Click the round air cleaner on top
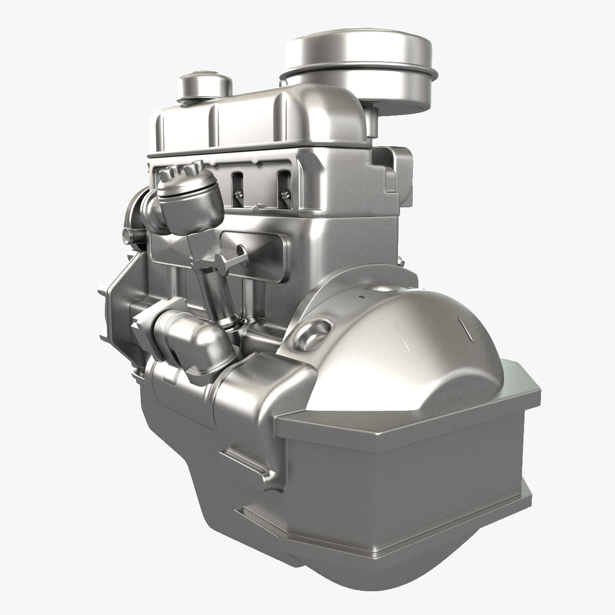pyautogui.click(x=360, y=63)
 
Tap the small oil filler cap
pyautogui.click(x=205, y=85)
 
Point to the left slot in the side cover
pyautogui.click(x=237, y=188)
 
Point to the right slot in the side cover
pyautogui.click(x=284, y=188)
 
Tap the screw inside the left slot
pyautogui.click(x=239, y=195)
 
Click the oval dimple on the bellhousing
pyautogui.click(x=315, y=331)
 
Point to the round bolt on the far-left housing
pyautogui.click(x=126, y=234)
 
